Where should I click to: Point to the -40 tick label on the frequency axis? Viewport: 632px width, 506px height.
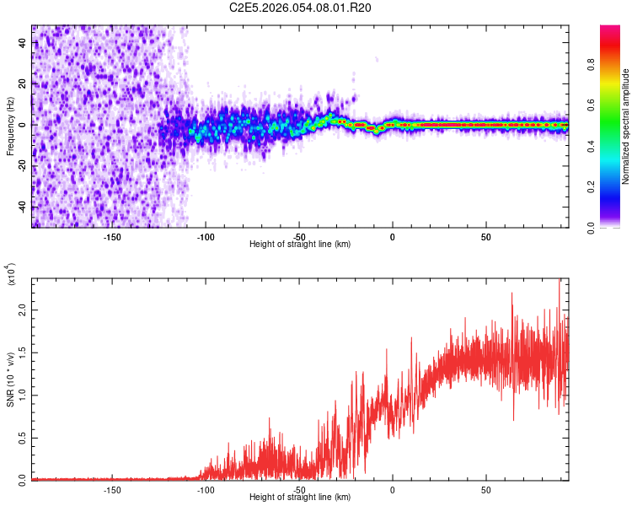pos(23,207)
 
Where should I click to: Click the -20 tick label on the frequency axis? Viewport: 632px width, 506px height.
pos(23,166)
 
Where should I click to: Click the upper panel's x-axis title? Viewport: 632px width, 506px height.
pos(300,245)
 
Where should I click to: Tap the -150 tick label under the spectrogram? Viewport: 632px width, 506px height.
pos(112,236)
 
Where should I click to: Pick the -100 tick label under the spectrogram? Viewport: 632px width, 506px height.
pos(206,236)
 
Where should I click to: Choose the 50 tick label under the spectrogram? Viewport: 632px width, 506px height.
pos(486,236)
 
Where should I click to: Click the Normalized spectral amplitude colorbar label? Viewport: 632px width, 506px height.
pos(626,126)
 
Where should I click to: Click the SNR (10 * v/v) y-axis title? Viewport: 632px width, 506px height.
pos(10,379)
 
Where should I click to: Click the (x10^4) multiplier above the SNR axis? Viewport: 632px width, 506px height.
pos(11,275)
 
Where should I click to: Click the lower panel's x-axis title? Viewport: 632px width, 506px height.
pos(300,498)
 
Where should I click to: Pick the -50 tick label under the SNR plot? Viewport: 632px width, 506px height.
pos(299,489)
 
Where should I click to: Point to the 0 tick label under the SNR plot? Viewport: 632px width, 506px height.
pos(393,489)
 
